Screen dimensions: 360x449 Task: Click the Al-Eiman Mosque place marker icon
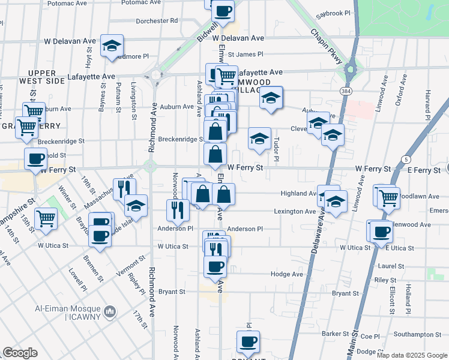click(110, 311)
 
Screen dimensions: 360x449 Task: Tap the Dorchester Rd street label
click(157, 20)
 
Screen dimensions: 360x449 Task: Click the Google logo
click(20, 353)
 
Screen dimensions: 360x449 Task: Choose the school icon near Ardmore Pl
click(112, 46)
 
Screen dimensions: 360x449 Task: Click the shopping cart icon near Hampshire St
click(46, 218)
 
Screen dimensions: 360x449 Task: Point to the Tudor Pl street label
click(276, 149)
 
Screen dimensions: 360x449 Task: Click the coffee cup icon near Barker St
click(247, 341)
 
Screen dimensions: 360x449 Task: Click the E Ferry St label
click(424, 170)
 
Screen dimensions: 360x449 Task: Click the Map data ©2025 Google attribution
click(411, 355)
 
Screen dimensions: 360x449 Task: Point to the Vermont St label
click(131, 265)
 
